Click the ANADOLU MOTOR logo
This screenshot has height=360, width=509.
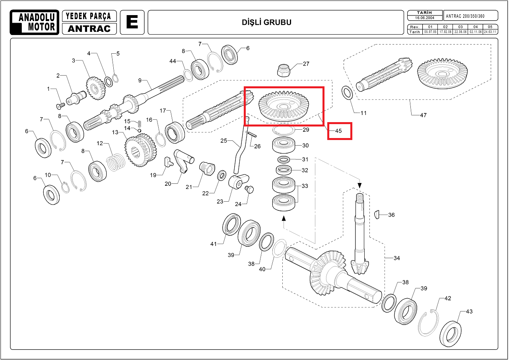[x=34, y=22]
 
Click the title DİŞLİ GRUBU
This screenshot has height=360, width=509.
[x=266, y=22]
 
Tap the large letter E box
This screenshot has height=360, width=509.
[x=132, y=22]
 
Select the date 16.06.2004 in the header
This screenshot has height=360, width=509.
[x=423, y=18]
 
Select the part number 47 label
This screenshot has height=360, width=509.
[x=423, y=115]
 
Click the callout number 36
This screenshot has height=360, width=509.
[x=391, y=215]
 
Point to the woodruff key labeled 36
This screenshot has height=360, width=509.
[x=378, y=215]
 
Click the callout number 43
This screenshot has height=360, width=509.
[x=469, y=311]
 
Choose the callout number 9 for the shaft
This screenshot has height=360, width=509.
[x=140, y=80]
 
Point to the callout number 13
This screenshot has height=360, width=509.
[x=115, y=132]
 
